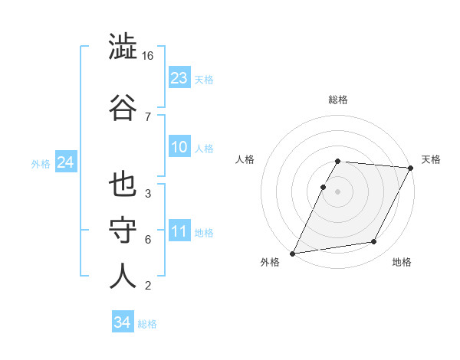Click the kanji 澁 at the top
(123, 47)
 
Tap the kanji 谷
(123, 106)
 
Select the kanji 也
(123, 185)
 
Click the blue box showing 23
(179, 78)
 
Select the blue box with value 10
(179, 148)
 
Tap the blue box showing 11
(179, 232)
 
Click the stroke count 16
(149, 56)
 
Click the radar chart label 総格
(338, 100)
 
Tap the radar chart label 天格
(431, 159)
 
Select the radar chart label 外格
(270, 263)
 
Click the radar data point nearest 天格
(411, 168)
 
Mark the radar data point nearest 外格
(292, 254)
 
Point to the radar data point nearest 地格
(374, 242)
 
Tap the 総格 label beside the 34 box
(147, 324)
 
